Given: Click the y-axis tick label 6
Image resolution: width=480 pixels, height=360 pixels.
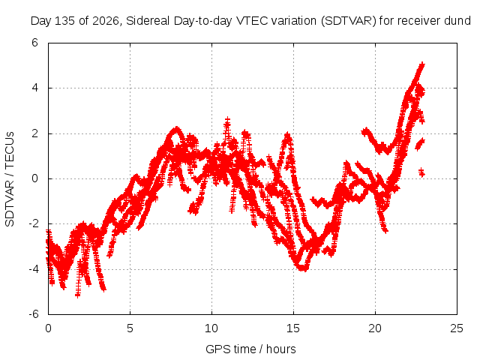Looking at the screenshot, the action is [34, 43].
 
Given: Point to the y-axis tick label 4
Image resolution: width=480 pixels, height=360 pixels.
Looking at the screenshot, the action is [34, 88].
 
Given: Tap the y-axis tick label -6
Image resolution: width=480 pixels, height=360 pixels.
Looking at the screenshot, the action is [33, 314].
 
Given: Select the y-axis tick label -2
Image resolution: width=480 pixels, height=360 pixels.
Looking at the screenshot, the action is [33, 223].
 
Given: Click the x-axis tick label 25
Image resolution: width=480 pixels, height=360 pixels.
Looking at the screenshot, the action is [457, 328].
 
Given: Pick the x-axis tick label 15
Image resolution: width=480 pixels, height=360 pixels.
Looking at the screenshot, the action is [293, 328].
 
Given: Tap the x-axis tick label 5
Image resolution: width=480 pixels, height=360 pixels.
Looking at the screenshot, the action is [130, 328].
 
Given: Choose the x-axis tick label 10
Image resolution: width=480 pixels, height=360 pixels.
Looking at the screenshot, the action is [211, 328].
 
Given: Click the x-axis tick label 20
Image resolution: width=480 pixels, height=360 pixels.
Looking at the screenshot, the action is [375, 328].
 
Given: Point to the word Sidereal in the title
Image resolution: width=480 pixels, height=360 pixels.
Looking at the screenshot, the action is [148, 21].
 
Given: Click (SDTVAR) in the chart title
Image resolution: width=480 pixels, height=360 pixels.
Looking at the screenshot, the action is [348, 21].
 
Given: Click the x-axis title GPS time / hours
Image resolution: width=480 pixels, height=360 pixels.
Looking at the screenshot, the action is [250, 349].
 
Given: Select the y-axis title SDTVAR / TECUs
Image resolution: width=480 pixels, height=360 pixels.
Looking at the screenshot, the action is [10, 179].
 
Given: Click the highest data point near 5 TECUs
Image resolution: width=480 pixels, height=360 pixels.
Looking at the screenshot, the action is [422, 64].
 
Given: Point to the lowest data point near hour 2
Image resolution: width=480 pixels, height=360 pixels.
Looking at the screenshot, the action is [77, 295].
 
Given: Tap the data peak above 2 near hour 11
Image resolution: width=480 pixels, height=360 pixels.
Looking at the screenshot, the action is [227, 119].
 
